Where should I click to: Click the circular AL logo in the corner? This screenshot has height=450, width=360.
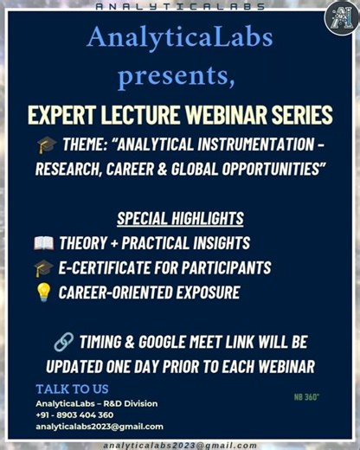(340, 18)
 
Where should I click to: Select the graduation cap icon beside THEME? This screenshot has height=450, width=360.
(48, 145)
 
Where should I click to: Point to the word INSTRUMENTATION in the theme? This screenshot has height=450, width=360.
(260, 145)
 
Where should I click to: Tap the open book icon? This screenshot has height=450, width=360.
(43, 243)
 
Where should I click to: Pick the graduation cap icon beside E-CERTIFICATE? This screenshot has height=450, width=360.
(43, 268)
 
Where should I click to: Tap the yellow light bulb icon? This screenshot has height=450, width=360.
(43, 293)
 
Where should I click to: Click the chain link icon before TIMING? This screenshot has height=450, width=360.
(62, 342)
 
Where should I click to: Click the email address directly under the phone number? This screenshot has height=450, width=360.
(99, 427)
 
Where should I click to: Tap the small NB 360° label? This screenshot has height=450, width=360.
(306, 397)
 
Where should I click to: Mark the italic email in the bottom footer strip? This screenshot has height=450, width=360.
(179, 444)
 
